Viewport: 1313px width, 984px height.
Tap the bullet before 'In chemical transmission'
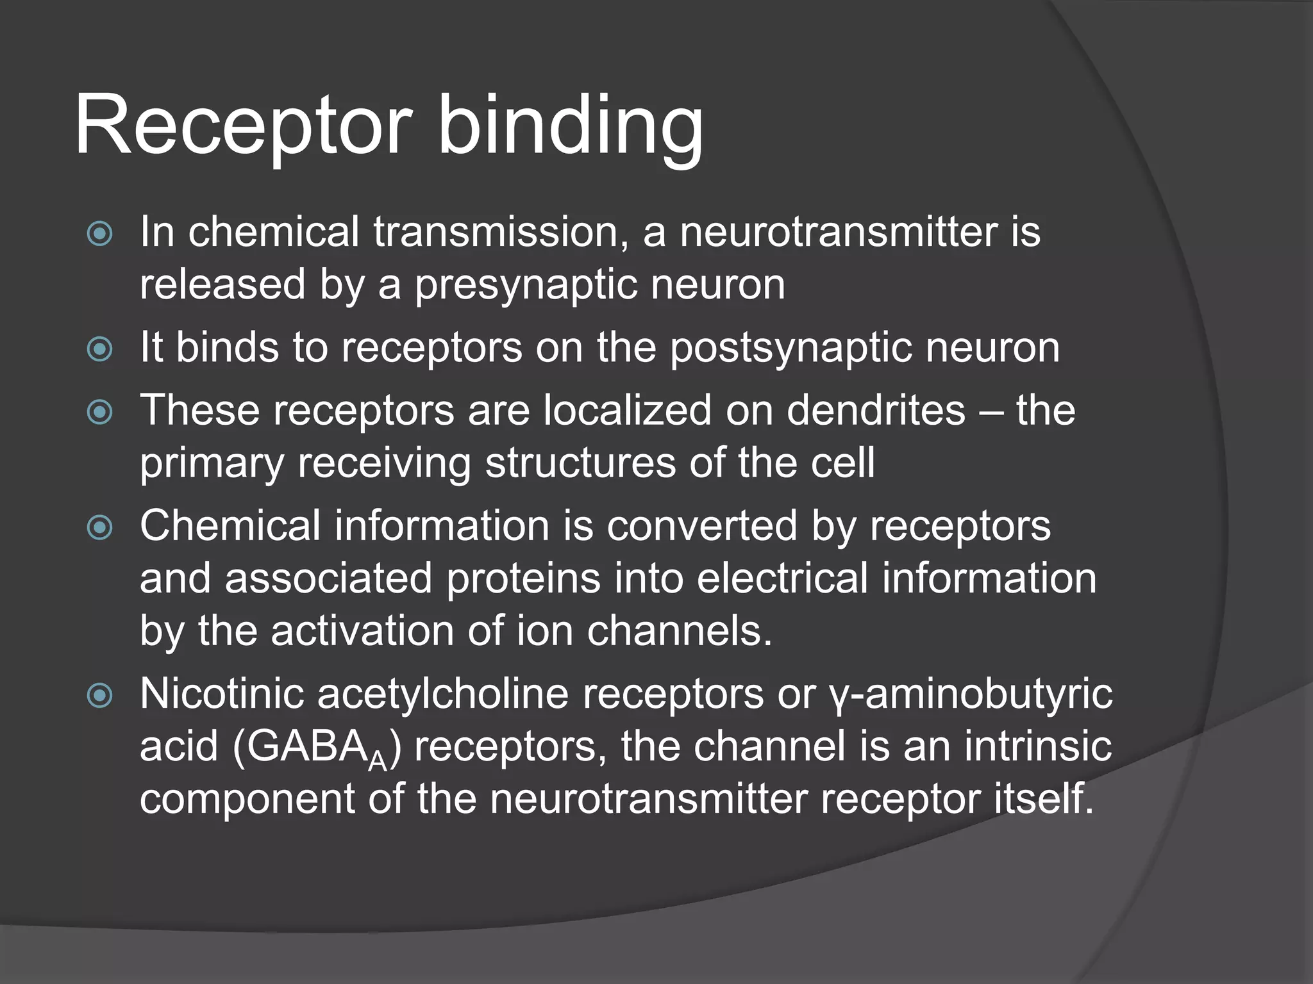100,233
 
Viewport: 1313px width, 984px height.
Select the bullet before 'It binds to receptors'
100,349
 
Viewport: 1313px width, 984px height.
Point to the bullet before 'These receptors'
100,412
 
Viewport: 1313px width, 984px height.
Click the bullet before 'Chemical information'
100,528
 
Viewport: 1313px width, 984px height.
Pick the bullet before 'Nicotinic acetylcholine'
100,696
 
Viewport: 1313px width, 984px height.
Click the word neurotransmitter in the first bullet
838,232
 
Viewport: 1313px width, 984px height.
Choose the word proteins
523,579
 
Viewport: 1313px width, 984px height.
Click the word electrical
782,579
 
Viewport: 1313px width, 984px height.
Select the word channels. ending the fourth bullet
679,632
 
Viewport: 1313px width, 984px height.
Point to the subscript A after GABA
377,762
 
